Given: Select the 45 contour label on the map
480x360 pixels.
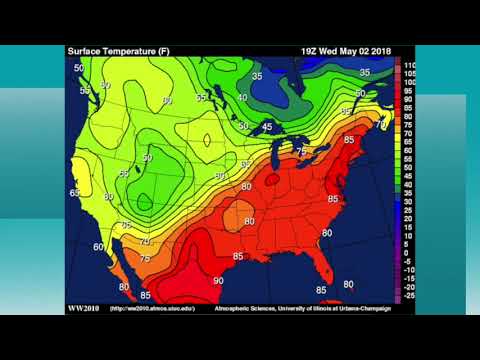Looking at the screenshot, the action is [x=267, y=127].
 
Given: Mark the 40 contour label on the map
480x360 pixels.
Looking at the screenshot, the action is [x=243, y=98].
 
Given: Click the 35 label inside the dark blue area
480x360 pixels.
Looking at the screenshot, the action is [x=257, y=76].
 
